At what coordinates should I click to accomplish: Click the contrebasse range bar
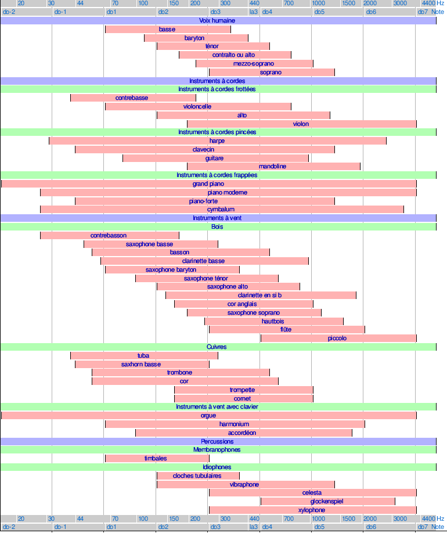tap(133, 98)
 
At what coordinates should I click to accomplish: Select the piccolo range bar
tap(338, 338)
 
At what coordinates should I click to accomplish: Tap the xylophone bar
tap(312, 510)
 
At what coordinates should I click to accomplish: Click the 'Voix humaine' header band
tap(218, 20)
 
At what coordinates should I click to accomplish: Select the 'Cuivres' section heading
tap(218, 347)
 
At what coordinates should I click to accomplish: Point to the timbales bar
tap(157, 458)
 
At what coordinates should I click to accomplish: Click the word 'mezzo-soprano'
tap(254, 63)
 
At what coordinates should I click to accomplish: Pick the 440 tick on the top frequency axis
tap(254, 3)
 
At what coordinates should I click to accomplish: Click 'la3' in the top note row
tap(254, 12)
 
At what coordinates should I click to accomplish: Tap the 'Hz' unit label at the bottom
tap(441, 518)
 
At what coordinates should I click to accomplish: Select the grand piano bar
tap(208, 183)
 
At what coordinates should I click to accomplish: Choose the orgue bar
tap(208, 415)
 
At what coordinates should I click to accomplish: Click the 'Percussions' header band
tap(218, 441)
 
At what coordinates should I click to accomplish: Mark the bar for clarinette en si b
tap(261, 295)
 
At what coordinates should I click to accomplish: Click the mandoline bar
tap(273, 166)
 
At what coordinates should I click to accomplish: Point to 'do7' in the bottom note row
tap(423, 527)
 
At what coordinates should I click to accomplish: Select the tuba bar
tap(144, 355)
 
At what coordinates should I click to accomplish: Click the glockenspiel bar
tap(328, 501)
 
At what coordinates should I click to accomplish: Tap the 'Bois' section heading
tap(218, 226)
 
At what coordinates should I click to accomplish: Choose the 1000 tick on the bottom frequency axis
tap(319, 518)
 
